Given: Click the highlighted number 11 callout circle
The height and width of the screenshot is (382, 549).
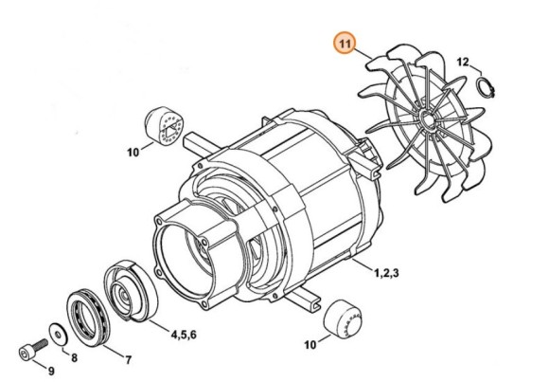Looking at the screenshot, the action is [x=345, y=44].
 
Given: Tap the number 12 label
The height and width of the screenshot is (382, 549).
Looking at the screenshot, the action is [x=463, y=63].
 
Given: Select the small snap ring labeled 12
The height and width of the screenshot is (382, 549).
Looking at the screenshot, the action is [x=487, y=88].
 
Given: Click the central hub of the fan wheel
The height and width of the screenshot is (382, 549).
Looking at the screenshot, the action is [x=427, y=119].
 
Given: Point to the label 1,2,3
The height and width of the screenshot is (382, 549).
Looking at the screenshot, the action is [x=386, y=273].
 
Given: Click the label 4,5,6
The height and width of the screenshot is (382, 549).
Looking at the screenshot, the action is [x=184, y=335].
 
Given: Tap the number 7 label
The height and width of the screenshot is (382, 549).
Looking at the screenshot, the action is [x=128, y=360].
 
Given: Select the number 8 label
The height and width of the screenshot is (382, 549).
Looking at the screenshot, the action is [x=74, y=358].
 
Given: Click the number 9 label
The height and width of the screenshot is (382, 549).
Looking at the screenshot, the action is [x=51, y=371].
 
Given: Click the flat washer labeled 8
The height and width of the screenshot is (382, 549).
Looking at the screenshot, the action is [x=59, y=333].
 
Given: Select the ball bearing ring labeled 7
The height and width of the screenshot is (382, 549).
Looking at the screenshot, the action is [x=88, y=318].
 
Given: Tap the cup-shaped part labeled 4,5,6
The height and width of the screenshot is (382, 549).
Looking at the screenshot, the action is [x=131, y=291].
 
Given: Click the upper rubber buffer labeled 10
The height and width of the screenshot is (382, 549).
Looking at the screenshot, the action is [x=164, y=125].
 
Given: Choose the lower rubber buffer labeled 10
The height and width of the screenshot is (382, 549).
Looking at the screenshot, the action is [x=342, y=318].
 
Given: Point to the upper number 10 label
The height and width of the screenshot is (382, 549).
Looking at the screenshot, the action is [x=133, y=153].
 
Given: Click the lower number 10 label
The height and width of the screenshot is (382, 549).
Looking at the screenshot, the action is [x=310, y=345].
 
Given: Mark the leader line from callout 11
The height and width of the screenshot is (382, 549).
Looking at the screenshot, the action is [x=363, y=54].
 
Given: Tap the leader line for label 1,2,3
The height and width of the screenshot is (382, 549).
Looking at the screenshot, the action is [x=363, y=264].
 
